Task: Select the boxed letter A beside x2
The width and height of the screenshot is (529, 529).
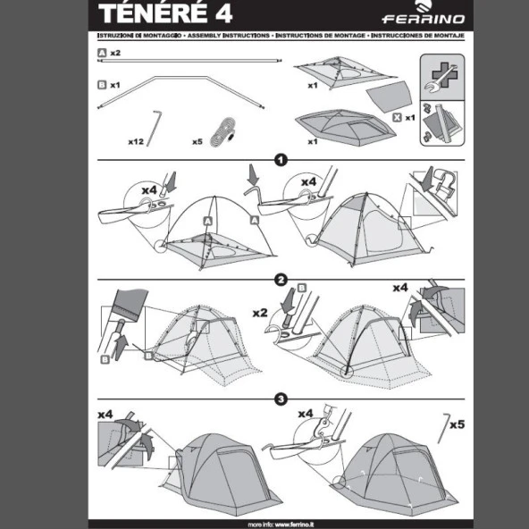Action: [x=102, y=54]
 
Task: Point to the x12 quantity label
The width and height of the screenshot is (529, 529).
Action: [x=136, y=141]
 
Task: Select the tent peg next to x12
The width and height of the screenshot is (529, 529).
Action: [x=156, y=127]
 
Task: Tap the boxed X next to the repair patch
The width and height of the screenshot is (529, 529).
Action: [x=396, y=116]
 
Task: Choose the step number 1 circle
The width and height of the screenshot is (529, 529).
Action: [x=281, y=161]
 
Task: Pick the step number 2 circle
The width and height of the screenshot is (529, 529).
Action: [x=281, y=280]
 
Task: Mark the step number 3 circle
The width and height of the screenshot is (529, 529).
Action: [x=281, y=399]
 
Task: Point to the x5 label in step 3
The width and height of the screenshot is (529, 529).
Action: [x=457, y=424]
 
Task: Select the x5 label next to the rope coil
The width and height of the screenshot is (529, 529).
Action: [x=197, y=141]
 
